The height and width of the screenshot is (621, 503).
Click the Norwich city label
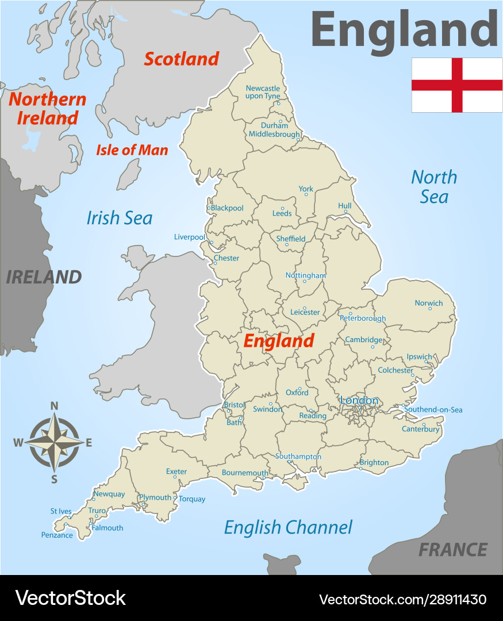(x=429, y=303)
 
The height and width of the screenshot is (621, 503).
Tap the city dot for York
(x=306, y=194)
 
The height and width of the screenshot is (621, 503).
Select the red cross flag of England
(x=457, y=85)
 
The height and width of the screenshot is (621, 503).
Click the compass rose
(x=55, y=442)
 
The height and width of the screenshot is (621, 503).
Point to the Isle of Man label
(x=132, y=151)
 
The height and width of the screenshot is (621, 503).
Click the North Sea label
(x=434, y=186)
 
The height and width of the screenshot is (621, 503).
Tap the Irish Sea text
(x=120, y=218)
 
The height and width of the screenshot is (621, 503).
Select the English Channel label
(x=288, y=527)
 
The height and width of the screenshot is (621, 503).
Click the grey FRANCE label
(x=453, y=550)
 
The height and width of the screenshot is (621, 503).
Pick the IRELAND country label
(x=44, y=277)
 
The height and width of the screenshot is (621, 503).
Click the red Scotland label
(x=181, y=59)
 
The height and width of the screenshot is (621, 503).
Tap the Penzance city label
(x=57, y=535)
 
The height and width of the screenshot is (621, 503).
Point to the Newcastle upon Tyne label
(x=263, y=92)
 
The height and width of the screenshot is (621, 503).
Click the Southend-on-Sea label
(x=433, y=410)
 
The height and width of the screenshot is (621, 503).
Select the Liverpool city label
(x=190, y=237)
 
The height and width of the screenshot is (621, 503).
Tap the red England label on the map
(x=279, y=340)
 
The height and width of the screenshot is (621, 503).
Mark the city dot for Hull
(x=345, y=212)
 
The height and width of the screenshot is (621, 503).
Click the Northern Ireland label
(x=47, y=108)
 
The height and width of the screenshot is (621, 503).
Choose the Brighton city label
(x=374, y=462)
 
